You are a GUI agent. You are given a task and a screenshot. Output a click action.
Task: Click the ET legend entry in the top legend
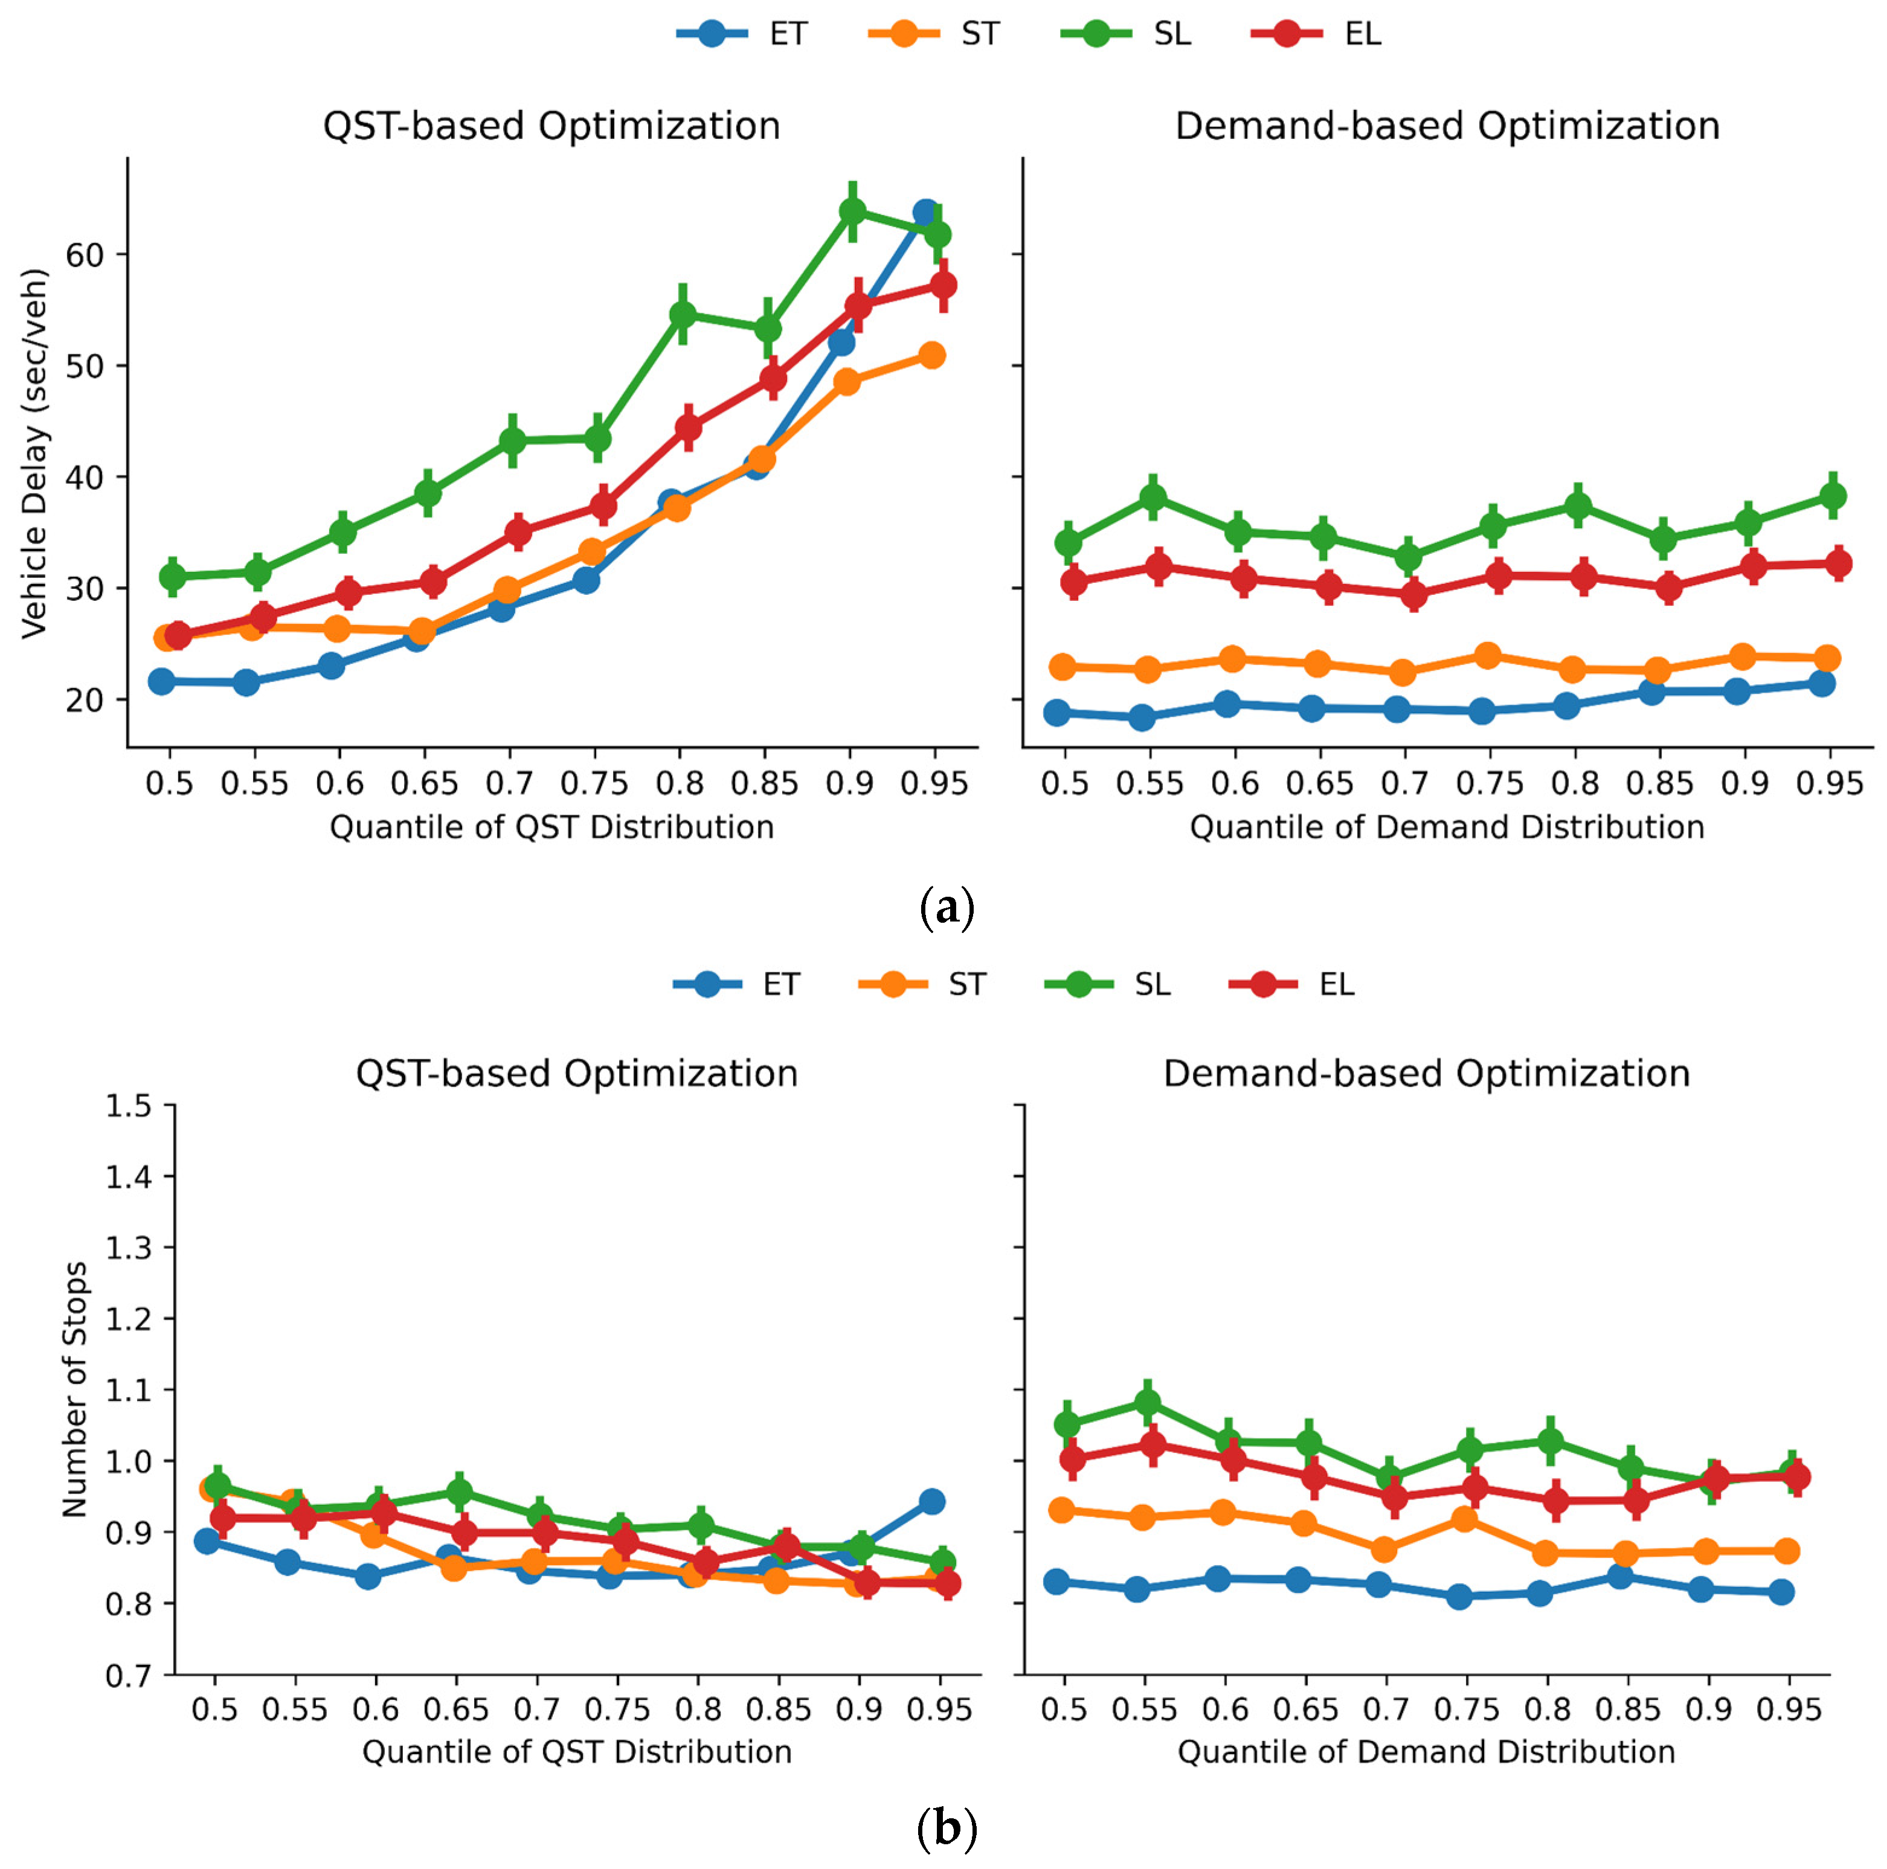point(742,34)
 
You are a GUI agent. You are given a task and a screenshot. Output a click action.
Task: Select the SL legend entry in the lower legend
point(1108,984)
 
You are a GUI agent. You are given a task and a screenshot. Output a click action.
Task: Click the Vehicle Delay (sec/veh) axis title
point(35,454)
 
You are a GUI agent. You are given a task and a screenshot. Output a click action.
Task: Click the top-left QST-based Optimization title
point(552,127)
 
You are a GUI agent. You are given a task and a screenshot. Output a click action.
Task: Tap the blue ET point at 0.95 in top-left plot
point(926,213)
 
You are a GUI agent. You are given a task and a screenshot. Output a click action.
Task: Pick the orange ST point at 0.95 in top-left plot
point(932,356)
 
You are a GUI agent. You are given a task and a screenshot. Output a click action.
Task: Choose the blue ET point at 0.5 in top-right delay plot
point(1056,713)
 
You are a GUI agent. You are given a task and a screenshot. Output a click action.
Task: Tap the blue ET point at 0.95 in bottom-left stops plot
point(932,1501)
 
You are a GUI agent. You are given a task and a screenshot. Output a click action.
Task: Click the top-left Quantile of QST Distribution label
point(552,827)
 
